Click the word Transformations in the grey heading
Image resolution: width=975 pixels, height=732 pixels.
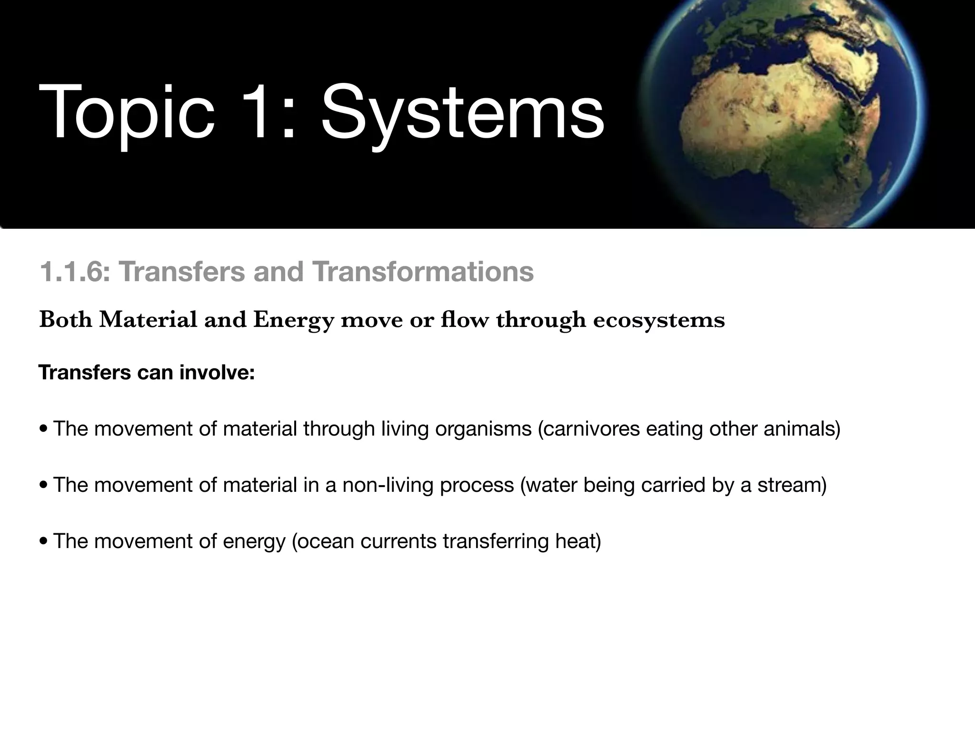(x=423, y=272)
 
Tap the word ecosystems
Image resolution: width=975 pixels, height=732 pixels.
(x=659, y=320)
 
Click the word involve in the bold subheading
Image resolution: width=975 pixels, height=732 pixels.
(x=217, y=372)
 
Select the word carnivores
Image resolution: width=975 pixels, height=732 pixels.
(x=590, y=428)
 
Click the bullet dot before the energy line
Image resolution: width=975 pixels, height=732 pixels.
(x=44, y=541)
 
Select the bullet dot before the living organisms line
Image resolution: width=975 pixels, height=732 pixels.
(x=44, y=429)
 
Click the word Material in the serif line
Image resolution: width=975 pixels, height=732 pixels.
(x=148, y=320)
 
